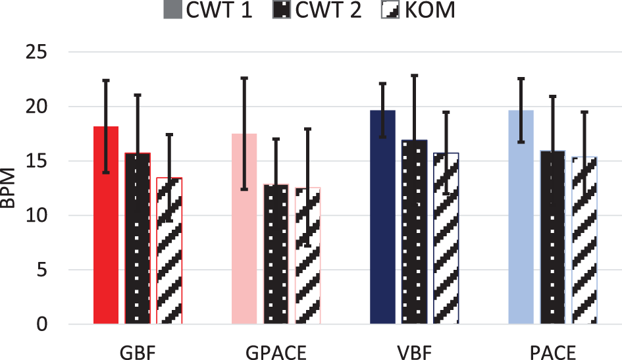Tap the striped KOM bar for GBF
tap(169, 251)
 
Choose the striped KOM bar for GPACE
tap(307, 256)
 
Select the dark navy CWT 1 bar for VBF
tap(382, 217)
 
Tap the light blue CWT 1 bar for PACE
tap(521, 217)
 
